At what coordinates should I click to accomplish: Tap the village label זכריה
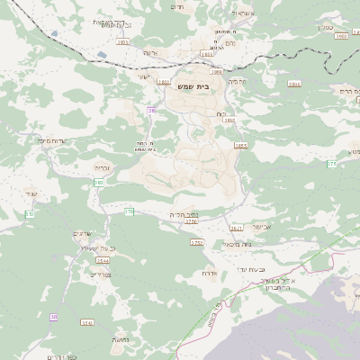(102, 166)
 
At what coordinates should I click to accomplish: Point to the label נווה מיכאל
(237, 243)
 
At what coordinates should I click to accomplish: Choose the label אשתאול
(243, 13)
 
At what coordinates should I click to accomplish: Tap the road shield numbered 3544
(103, 260)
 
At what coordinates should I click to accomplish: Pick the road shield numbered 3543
(86, 321)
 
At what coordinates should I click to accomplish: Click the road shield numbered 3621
(237, 228)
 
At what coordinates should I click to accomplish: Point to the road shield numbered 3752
(197, 242)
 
